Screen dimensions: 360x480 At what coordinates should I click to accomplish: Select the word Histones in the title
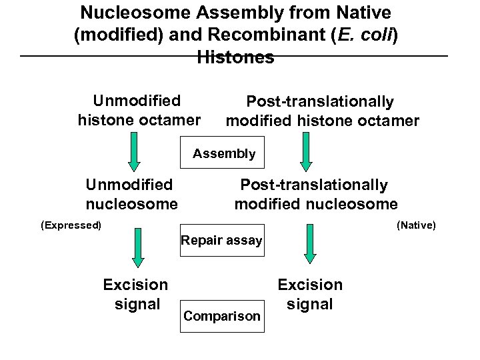[x=235, y=57]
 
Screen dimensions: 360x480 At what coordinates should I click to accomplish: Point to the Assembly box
[x=223, y=154]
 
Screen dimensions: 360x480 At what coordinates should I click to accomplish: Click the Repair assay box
[x=222, y=240]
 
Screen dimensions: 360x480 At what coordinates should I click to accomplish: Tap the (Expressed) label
[x=71, y=225]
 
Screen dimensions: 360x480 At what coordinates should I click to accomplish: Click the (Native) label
[x=416, y=225]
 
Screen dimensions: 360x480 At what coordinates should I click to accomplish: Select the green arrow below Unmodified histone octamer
[x=134, y=151]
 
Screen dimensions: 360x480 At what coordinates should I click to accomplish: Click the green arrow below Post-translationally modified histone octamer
[x=306, y=151]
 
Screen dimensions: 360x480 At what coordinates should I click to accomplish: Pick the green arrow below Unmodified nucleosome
[x=137, y=247]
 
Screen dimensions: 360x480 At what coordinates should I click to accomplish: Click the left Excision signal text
[x=135, y=294]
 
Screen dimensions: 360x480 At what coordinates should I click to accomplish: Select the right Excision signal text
[x=310, y=294]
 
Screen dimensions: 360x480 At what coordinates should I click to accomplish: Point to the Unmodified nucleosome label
[x=131, y=193]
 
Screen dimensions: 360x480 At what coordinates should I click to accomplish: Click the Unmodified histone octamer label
[x=139, y=110]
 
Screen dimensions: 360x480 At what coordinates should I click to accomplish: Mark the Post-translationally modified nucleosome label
[x=315, y=193]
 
